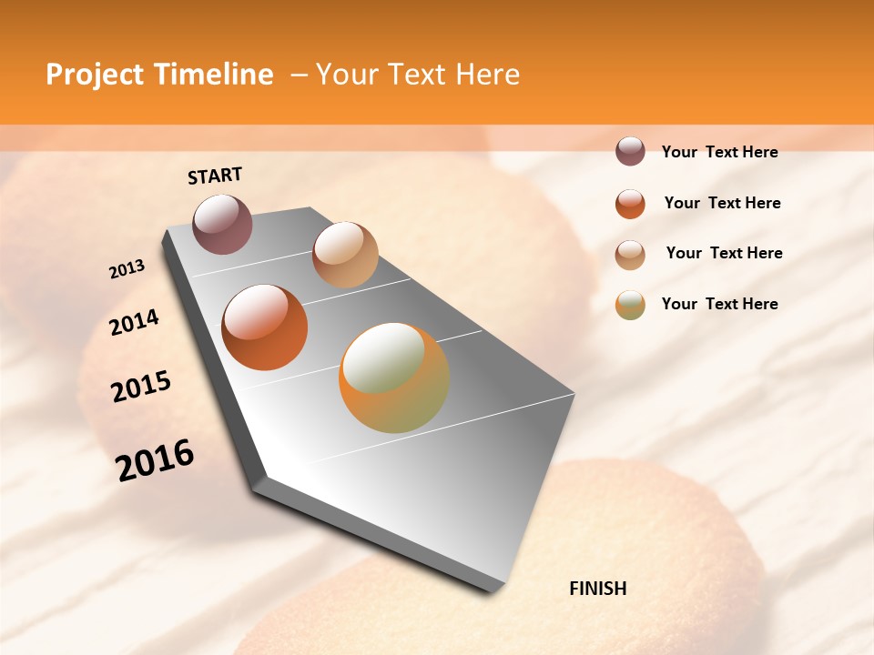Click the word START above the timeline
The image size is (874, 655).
tap(215, 176)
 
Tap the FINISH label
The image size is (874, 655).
tap(598, 589)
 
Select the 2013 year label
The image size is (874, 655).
tap(127, 269)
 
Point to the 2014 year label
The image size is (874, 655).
tap(134, 323)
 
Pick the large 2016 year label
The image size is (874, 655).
tap(155, 460)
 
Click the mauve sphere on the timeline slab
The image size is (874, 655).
tap(222, 224)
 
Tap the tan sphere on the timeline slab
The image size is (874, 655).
tap(345, 255)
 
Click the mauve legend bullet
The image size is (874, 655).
tap(630, 152)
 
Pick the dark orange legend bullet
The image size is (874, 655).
tap(630, 204)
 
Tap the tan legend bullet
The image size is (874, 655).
tap(630, 254)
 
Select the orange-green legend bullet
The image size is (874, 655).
tap(630, 305)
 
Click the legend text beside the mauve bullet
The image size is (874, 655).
tap(719, 152)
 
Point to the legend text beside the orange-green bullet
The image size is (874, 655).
tap(719, 304)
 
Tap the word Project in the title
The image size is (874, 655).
tap(95, 75)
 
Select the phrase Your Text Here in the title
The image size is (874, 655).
tap(417, 75)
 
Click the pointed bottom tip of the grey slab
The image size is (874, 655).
tap(492, 592)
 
